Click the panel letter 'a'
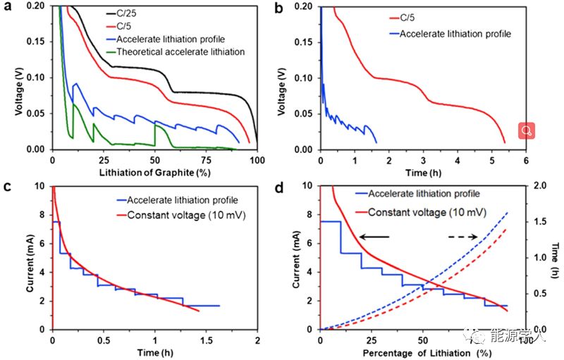click(8, 8)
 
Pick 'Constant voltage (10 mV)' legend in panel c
click(177, 213)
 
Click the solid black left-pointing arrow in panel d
click(374, 238)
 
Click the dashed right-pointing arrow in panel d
click(465, 238)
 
